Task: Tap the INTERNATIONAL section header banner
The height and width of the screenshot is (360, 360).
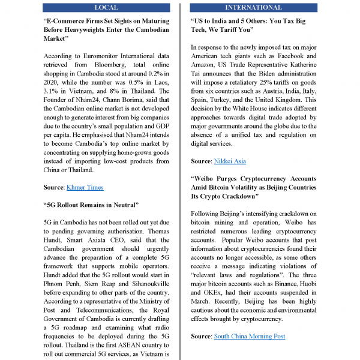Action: [253, 7]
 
